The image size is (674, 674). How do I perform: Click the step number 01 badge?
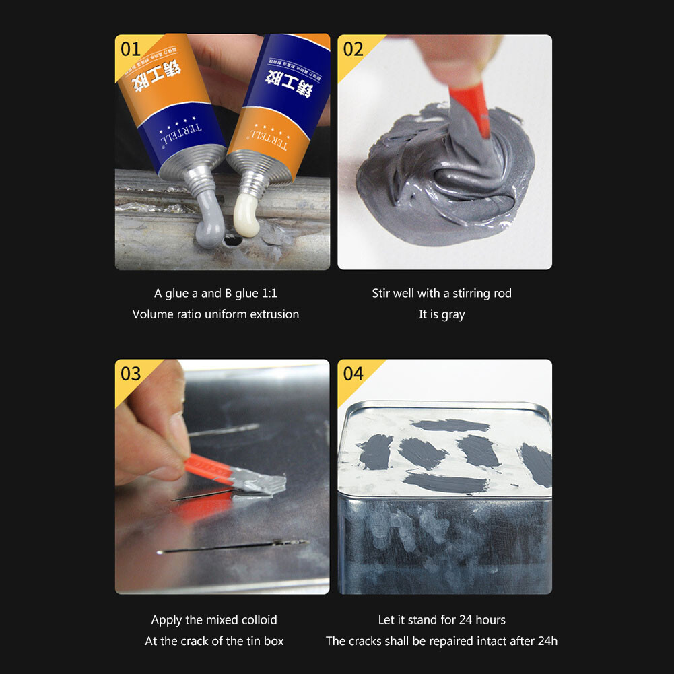(x=130, y=49)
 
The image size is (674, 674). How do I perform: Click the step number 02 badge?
(x=353, y=49)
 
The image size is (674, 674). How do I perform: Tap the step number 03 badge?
(x=130, y=374)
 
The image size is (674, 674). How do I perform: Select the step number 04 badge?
(x=353, y=374)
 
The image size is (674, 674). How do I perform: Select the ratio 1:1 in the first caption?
(x=267, y=293)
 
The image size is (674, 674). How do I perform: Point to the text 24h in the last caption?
(x=547, y=640)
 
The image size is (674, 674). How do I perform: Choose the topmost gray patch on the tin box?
(x=450, y=426)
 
